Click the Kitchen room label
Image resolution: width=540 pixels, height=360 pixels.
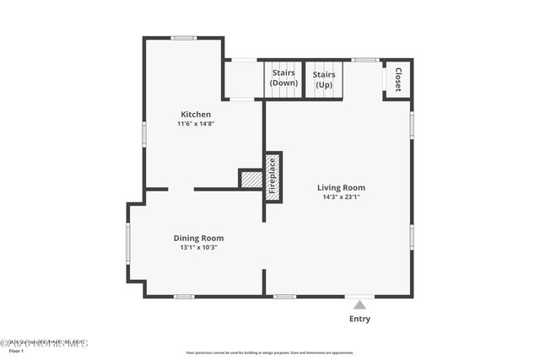(196, 114)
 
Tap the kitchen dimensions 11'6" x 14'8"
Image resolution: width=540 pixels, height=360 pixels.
(196, 124)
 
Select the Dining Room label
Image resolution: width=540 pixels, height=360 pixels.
(198, 238)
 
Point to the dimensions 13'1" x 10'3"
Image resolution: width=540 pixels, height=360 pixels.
(198, 248)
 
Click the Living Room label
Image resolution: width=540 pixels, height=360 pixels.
(341, 187)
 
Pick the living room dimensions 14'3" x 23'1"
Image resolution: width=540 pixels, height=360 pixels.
(341, 197)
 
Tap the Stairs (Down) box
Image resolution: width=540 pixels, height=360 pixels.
(283, 79)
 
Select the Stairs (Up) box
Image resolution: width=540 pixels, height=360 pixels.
(324, 79)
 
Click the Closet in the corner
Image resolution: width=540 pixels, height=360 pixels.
(397, 79)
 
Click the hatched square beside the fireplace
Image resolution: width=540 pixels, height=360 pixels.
(251, 179)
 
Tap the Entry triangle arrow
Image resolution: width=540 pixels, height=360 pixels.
(359, 304)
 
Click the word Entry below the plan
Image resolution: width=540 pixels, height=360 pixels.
(359, 319)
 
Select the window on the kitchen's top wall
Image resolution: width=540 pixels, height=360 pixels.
(183, 38)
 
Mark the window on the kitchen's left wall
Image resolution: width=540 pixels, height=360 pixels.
(144, 134)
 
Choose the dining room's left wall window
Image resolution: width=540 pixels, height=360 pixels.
(128, 244)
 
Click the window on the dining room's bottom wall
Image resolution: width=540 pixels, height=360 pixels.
(184, 296)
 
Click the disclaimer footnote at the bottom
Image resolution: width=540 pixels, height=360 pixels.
(270, 352)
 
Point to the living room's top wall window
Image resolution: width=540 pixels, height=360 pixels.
(364, 60)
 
